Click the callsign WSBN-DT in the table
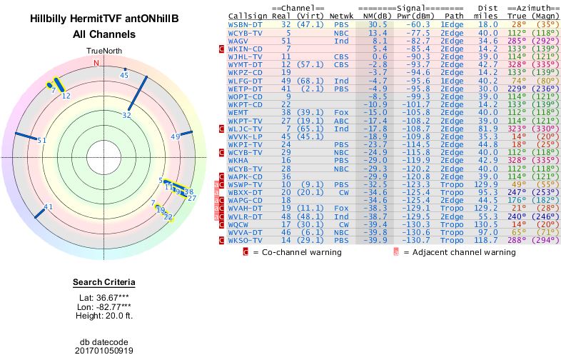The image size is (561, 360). coord(245,24)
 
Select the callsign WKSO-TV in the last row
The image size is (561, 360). coord(245,241)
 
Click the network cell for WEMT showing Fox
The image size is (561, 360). coord(341,112)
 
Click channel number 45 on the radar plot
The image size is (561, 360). coord(124,75)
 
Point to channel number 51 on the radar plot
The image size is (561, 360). coord(42,141)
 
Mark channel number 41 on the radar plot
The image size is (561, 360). coord(49,207)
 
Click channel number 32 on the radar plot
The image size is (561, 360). coord(127,114)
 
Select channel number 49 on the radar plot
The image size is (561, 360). coord(175,136)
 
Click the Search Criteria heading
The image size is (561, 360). coord(104,282)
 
